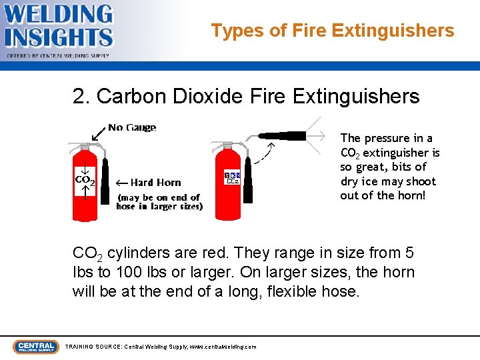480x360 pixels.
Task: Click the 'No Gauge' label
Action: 132,127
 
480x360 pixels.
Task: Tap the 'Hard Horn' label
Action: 155,183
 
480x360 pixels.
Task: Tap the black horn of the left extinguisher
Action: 104,183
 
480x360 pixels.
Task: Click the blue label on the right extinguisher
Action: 231,177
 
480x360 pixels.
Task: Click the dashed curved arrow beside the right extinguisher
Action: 263,155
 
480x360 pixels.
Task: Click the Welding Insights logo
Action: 59,29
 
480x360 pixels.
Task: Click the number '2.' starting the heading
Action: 81,97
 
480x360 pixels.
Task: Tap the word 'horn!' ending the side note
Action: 411,195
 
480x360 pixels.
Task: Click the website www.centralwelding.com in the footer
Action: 223,347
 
